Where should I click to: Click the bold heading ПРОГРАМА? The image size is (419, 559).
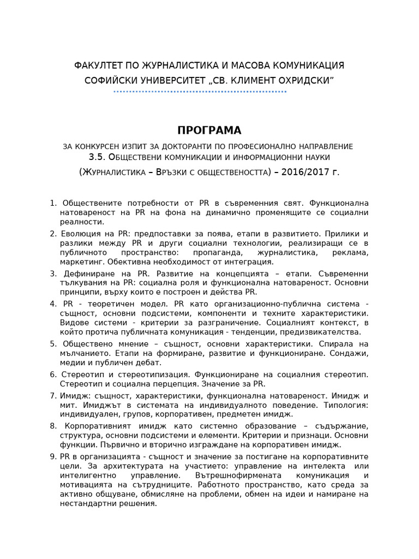coord(209,130)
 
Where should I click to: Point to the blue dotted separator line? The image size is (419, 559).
coord(200,92)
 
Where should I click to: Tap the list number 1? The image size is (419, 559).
coord(53,203)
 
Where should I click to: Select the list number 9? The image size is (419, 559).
coord(53,456)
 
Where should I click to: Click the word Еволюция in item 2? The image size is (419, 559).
coord(81,234)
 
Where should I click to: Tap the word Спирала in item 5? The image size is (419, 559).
coord(336,344)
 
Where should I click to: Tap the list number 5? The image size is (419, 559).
coord(53,344)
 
